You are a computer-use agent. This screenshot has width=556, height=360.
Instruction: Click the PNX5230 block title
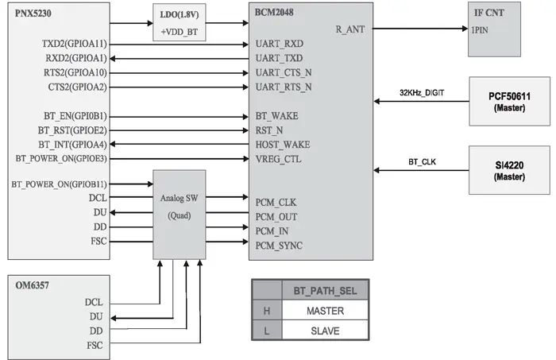[x=33, y=14]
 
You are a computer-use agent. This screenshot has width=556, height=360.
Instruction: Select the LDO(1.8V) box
[x=179, y=22]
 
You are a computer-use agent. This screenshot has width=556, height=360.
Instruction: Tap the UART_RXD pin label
[x=280, y=44]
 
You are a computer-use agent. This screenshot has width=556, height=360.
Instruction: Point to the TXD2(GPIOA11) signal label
[x=74, y=44]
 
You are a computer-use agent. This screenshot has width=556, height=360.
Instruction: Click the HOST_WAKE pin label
[x=283, y=145]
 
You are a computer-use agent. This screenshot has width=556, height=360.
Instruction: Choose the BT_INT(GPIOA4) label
[x=72, y=145]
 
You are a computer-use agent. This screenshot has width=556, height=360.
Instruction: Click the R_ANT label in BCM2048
[x=350, y=29]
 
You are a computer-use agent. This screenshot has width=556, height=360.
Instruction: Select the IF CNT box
[x=494, y=29]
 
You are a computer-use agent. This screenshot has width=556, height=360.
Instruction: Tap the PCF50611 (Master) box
[x=510, y=101]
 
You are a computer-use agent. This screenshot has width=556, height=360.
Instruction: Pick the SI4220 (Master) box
[x=510, y=170]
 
